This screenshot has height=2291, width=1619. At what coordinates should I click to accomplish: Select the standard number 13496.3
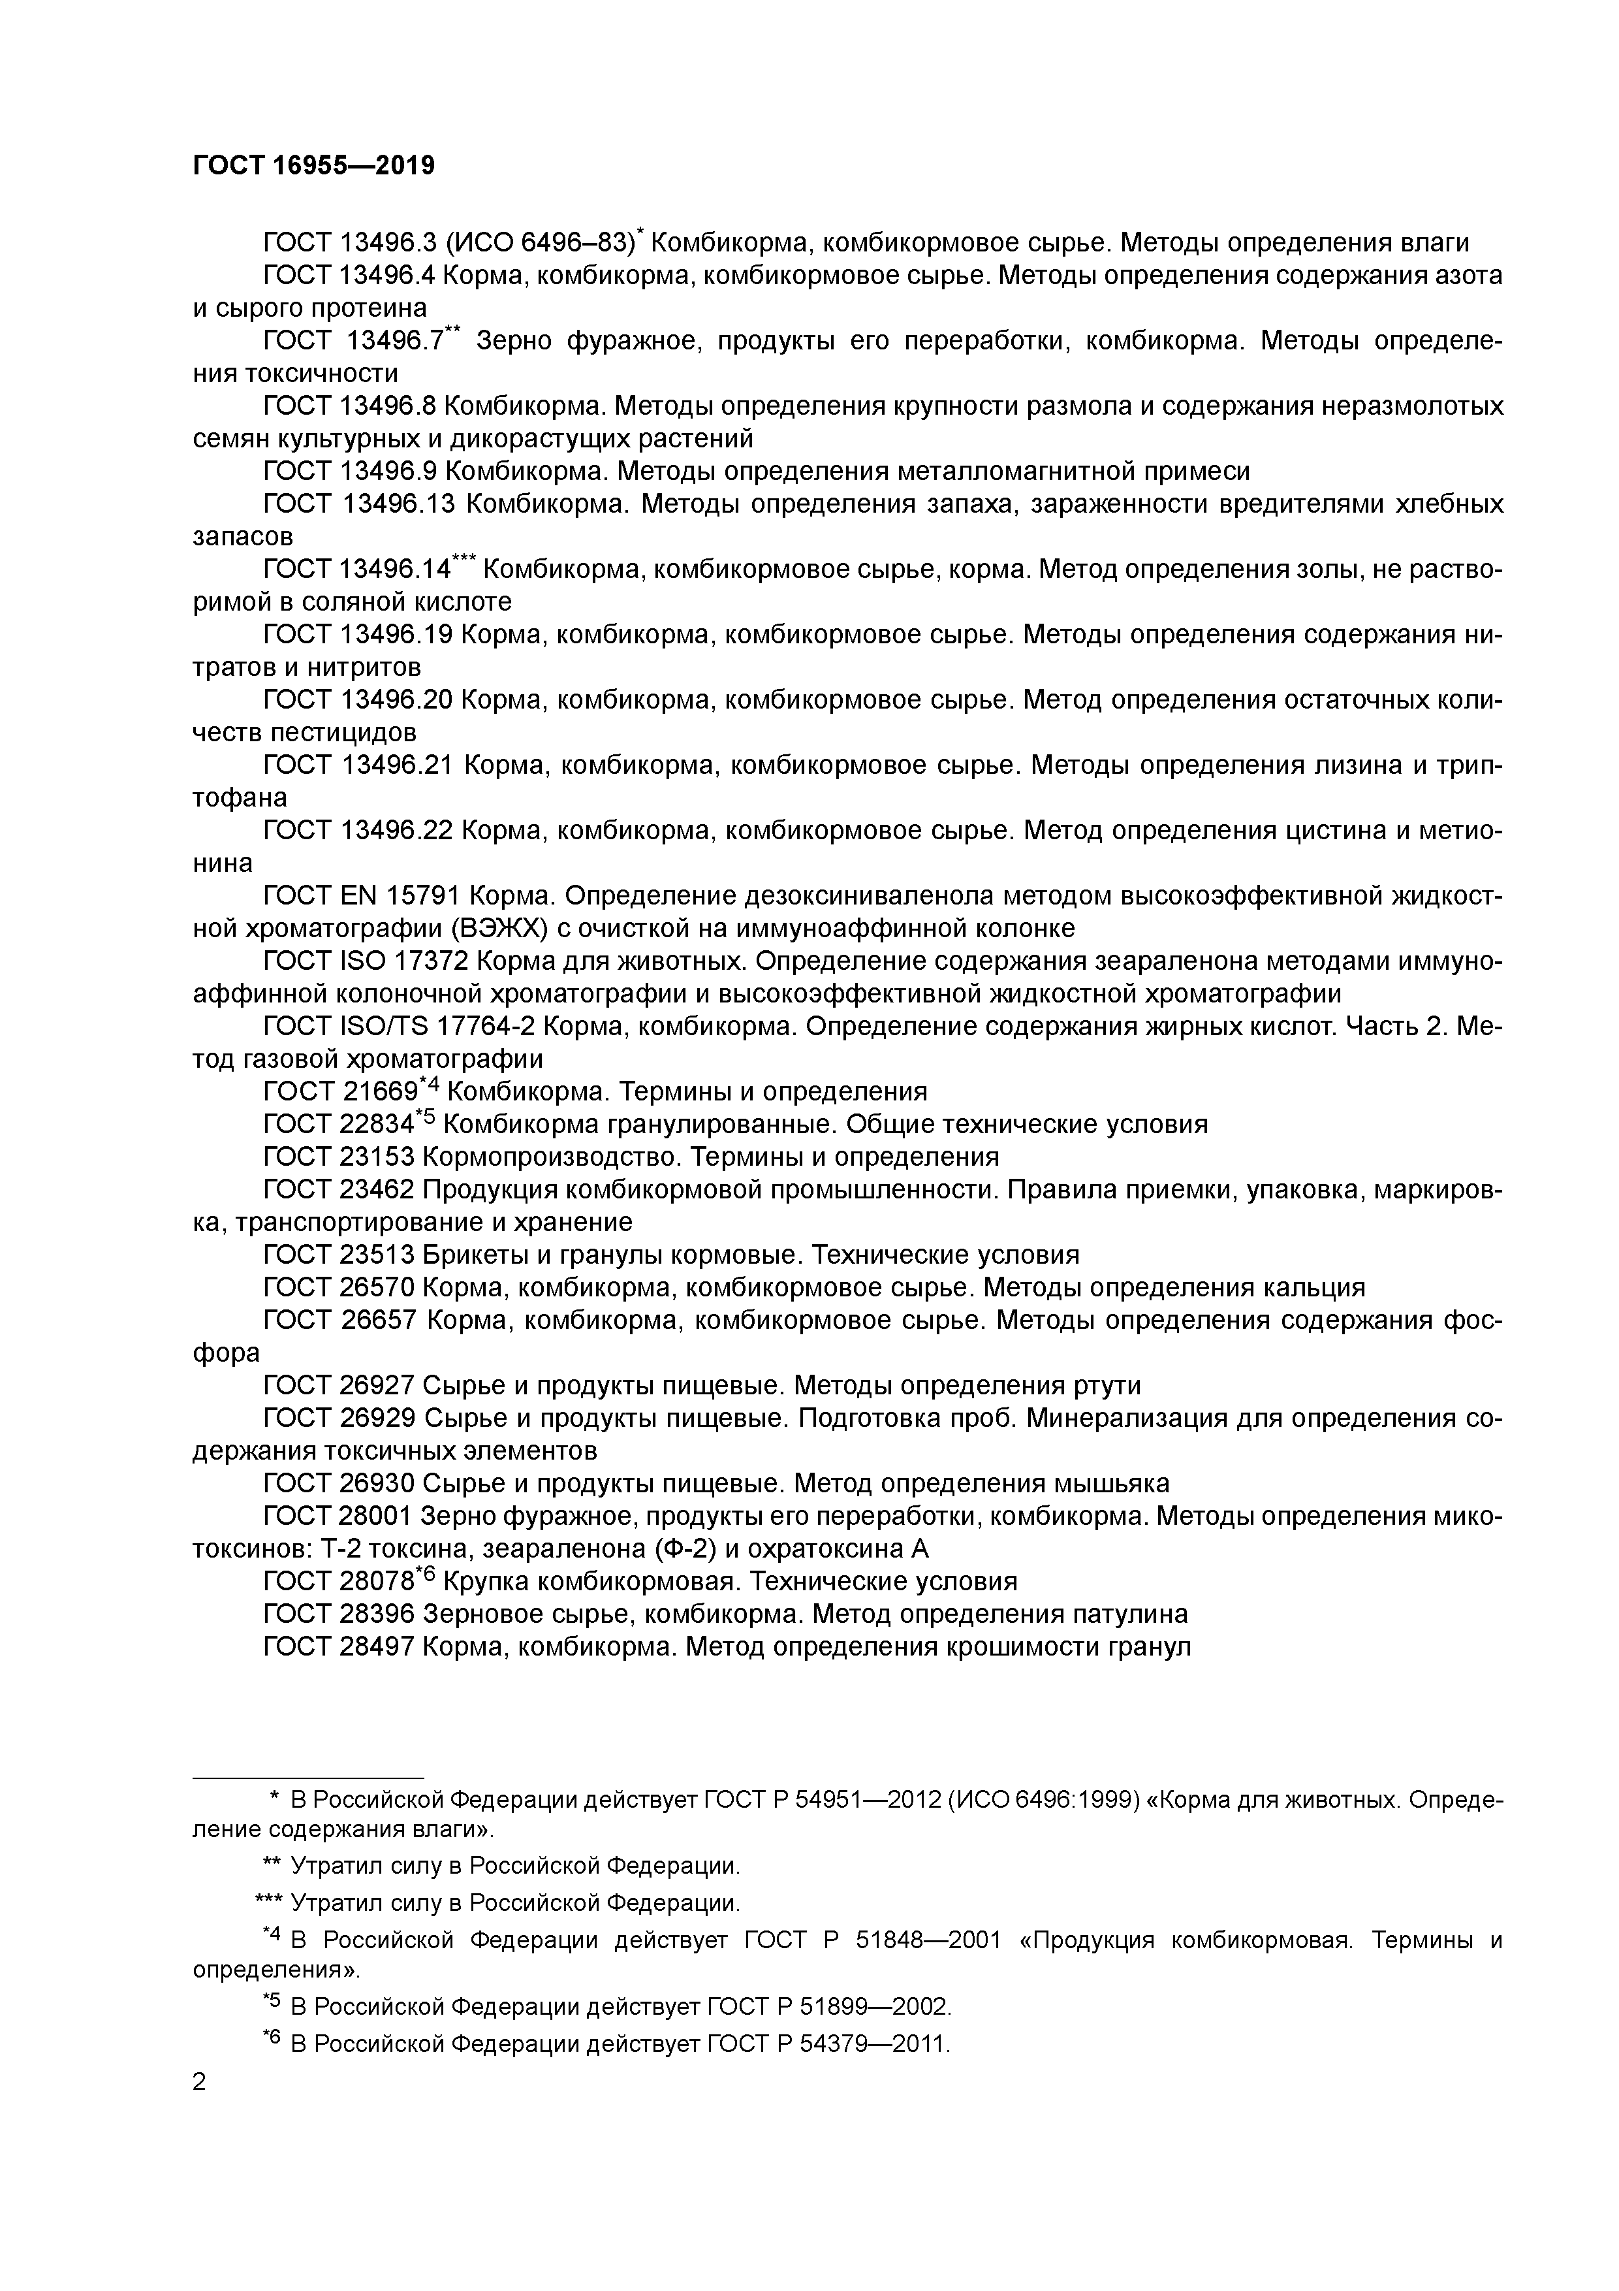[387, 242]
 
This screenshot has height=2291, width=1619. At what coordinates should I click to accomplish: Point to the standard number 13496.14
[395, 569]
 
